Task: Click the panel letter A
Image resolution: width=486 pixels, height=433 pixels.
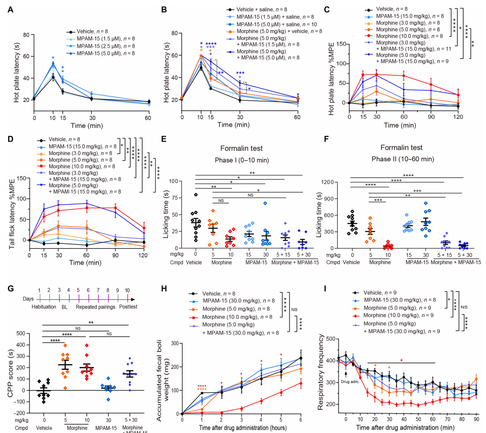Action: tap(10, 9)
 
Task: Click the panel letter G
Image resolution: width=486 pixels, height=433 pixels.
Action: tap(10, 288)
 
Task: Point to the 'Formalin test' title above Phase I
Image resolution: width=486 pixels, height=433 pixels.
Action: tap(241, 148)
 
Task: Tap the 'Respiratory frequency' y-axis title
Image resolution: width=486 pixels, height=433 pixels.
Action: tap(321, 372)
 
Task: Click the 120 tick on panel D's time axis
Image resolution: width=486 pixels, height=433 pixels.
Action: tap(144, 255)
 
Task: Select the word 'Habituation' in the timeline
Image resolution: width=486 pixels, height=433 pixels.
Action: tap(44, 307)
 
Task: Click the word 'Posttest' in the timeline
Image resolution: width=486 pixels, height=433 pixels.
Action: tap(128, 307)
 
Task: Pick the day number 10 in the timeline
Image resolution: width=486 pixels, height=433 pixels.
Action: tap(127, 290)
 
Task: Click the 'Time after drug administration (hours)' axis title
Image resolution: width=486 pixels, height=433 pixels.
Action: tap(243, 428)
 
